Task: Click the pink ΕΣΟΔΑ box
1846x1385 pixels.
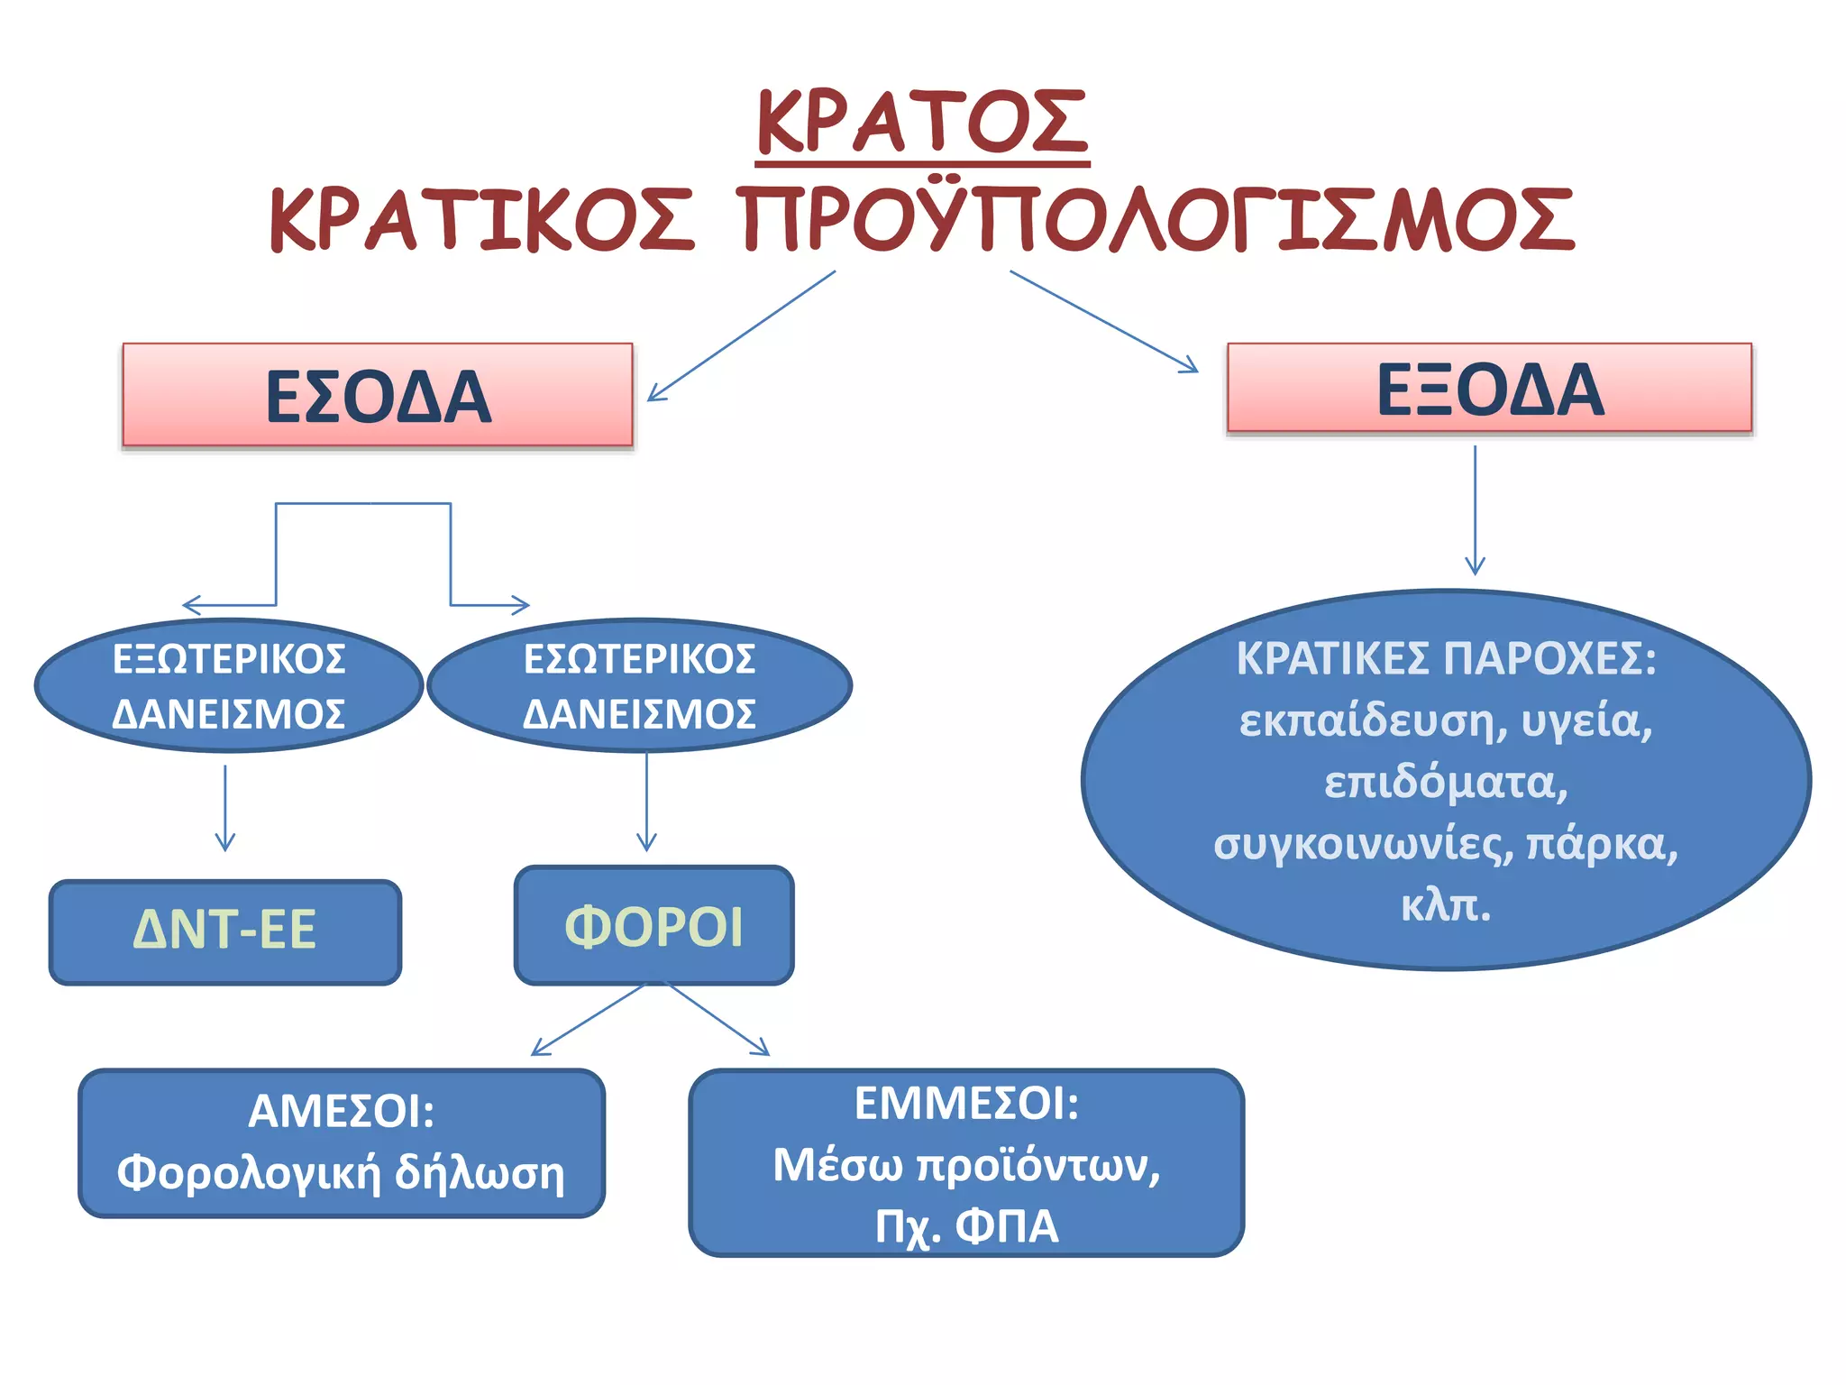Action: [378, 395]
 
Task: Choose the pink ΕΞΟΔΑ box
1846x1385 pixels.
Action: [1489, 389]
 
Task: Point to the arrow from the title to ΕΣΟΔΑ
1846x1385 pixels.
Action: [741, 335]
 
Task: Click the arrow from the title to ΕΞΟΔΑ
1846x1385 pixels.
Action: [1103, 321]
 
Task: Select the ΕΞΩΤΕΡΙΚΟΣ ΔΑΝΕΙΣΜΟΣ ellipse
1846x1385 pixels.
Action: [228, 685]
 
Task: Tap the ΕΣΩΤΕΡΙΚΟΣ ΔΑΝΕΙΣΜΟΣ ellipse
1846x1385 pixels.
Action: [639, 685]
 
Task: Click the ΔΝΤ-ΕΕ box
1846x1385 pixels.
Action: [225, 931]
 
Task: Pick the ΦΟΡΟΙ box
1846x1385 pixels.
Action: [653, 926]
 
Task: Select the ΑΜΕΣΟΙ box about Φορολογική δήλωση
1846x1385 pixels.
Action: [342, 1142]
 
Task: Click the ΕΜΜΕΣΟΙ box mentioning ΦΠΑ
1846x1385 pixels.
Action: [966, 1163]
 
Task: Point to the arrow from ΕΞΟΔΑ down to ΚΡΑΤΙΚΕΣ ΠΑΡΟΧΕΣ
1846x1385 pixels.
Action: [1475, 509]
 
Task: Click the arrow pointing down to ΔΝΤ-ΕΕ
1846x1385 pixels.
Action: [225, 807]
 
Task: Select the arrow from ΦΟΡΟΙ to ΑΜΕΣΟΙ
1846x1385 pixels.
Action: [588, 1020]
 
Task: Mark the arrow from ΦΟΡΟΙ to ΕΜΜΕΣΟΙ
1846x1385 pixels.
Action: [718, 1020]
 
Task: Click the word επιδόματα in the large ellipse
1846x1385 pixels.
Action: [1446, 783]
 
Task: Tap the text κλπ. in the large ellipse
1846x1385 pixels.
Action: [1446, 905]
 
